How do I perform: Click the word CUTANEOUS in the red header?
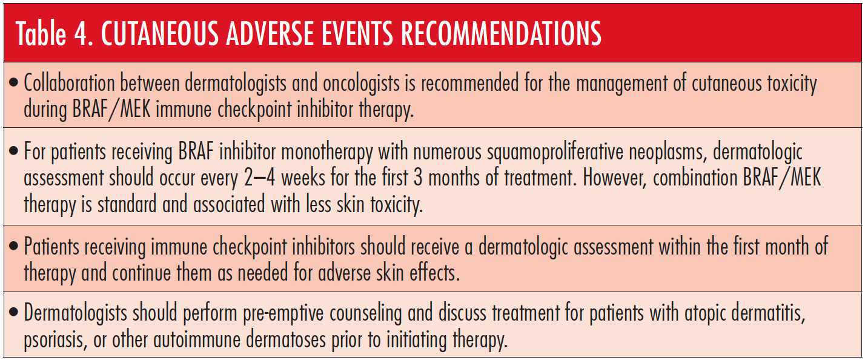tap(159, 33)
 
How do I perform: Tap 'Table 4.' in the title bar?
tap(55, 33)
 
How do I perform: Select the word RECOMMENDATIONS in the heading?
tap(501, 33)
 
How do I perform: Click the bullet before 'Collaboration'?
tap(13, 82)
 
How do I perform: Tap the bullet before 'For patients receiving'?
tap(13, 151)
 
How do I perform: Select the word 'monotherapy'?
tap(326, 152)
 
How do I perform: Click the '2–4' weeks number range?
tap(259, 178)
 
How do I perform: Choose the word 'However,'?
tap(615, 178)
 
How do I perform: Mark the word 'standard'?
tap(127, 204)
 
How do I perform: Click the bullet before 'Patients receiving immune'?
tap(13, 245)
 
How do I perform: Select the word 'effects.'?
tap(435, 272)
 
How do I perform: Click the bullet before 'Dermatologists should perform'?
tap(13, 312)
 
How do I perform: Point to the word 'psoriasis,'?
tap(56, 341)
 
